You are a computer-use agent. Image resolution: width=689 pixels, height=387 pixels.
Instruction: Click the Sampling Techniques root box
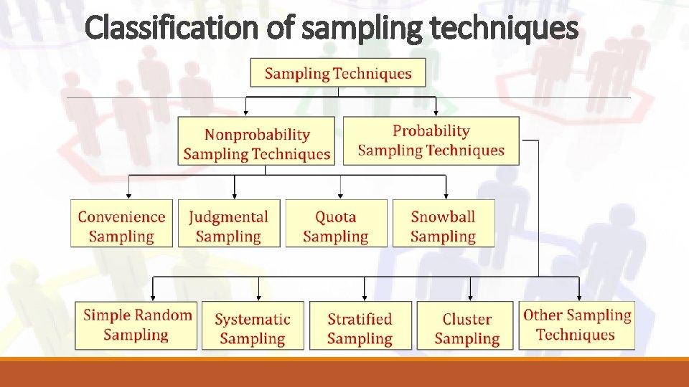[337, 73]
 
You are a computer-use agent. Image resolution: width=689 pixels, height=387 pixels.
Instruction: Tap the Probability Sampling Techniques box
[431, 141]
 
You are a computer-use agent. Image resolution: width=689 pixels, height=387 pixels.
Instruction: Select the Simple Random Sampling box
[136, 325]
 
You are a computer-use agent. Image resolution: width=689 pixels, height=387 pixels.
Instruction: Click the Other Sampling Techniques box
[576, 325]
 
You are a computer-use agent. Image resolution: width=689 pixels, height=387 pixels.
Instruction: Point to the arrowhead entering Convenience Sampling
[129, 195]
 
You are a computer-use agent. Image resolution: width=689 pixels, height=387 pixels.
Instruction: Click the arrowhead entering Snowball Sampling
[446, 195]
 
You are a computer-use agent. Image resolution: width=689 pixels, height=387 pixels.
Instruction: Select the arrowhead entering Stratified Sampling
[365, 297]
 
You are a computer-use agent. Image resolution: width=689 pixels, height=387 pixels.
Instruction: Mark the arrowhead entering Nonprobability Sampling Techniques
[246, 113]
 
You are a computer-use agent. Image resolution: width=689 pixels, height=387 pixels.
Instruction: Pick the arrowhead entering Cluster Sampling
[470, 297]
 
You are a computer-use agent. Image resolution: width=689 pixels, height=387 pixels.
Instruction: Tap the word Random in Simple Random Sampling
[164, 315]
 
